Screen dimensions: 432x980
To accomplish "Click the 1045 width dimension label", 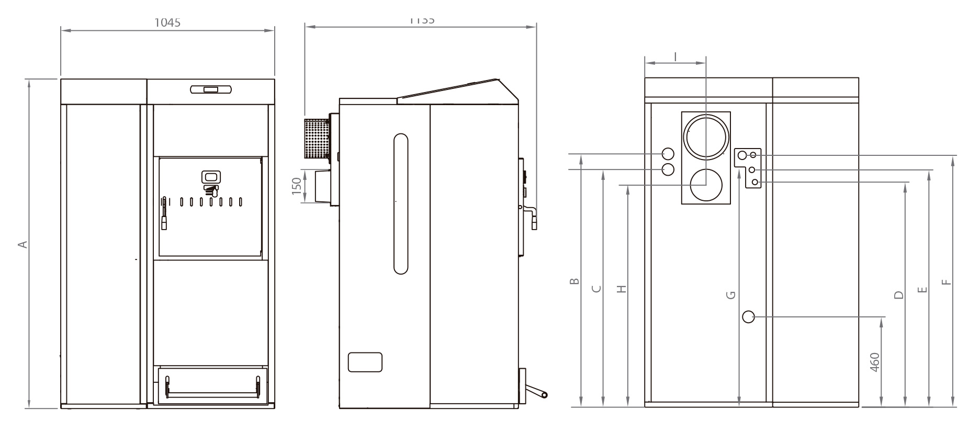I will pyautogui.click(x=167, y=22).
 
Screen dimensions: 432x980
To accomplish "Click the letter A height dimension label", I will pyautogui.click(x=22, y=244).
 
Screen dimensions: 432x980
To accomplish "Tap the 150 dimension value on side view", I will pyautogui.click(x=297, y=186).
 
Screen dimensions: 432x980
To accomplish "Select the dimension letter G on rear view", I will pyautogui.click(x=731, y=295).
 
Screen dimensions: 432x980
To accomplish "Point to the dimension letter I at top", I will pyautogui.click(x=675, y=55).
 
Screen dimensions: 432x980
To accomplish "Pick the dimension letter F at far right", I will pyautogui.click(x=946, y=282).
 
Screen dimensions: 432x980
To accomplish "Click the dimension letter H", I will pyautogui.click(x=622, y=289).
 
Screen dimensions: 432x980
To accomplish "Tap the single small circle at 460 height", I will pyautogui.click(x=749, y=316).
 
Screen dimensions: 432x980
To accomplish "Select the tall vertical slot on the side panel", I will pyautogui.click(x=401, y=203).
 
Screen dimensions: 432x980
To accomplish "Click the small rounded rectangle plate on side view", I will pyautogui.click(x=365, y=362).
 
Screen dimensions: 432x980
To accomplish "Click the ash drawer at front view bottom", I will pyautogui.click(x=212, y=384).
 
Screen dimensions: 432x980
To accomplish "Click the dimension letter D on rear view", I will pyautogui.click(x=899, y=294).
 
